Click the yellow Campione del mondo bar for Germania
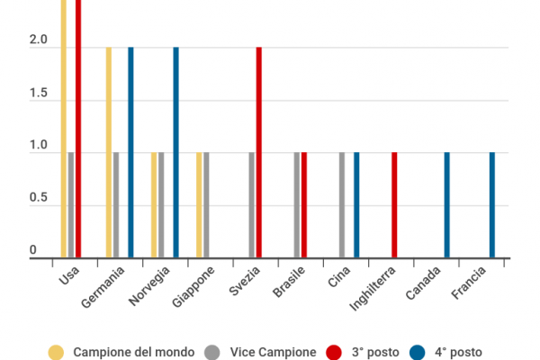109,153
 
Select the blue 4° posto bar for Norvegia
176,153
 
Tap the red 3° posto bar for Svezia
259,153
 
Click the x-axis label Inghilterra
369,291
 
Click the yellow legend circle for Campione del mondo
57,352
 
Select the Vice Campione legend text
273,352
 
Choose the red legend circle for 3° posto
334,352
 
